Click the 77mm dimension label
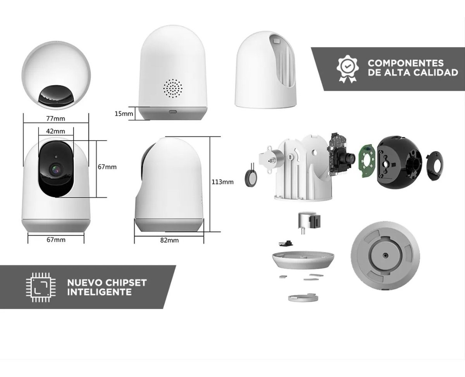point(56,118)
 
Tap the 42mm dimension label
point(56,131)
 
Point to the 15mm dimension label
point(124,113)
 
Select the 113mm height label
point(222,182)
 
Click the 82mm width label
point(169,240)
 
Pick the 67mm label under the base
point(56,240)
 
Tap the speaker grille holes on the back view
point(173,88)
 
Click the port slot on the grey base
point(173,112)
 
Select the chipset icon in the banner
point(41,287)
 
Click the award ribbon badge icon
point(348,69)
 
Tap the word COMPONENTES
point(406,63)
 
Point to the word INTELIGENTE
point(99,292)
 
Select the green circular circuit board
point(366,161)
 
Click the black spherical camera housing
point(400,163)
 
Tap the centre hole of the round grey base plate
point(385,255)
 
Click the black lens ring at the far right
point(435,166)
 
